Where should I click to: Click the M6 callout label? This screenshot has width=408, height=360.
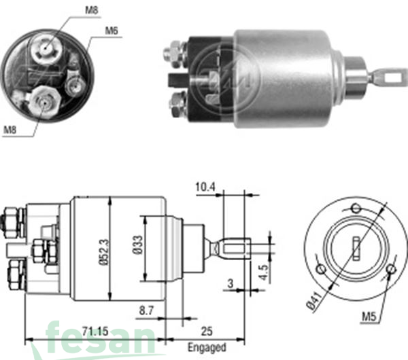tap(113, 31)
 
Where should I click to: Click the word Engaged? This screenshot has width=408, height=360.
tap(207, 348)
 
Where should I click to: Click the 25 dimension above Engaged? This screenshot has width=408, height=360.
tap(207, 331)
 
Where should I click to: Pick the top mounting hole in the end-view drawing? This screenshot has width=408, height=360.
tap(354, 208)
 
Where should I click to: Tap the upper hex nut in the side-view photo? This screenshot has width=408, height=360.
tap(175, 50)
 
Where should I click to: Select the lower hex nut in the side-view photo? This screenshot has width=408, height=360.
tap(176, 103)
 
